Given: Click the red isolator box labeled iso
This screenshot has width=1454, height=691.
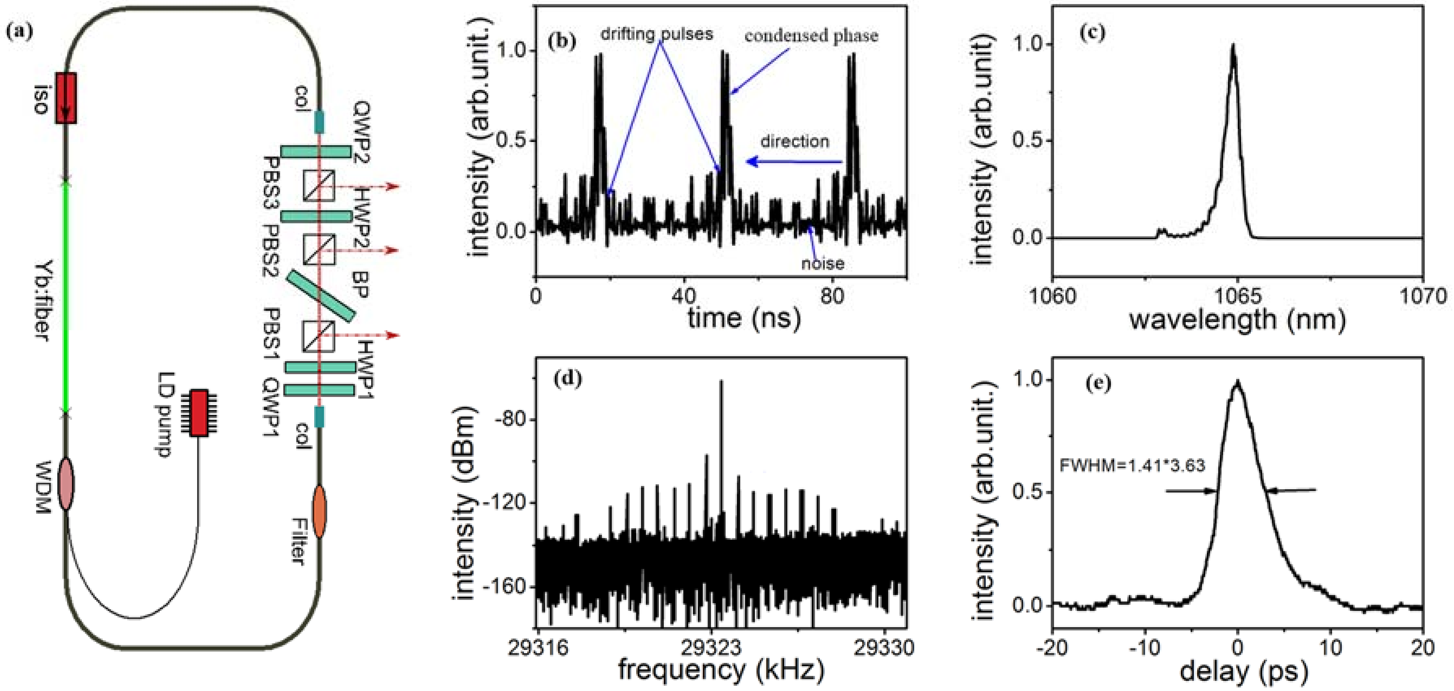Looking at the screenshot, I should point(66,98).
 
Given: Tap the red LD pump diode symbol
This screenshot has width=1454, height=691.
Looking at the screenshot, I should point(199,413).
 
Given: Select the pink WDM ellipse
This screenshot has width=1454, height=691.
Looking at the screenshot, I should point(66,484).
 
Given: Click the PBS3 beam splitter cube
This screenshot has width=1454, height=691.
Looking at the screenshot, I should point(319,185).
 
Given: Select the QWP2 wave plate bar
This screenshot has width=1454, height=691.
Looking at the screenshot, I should point(316,151).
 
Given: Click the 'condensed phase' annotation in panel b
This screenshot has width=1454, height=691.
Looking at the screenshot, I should point(811,36).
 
